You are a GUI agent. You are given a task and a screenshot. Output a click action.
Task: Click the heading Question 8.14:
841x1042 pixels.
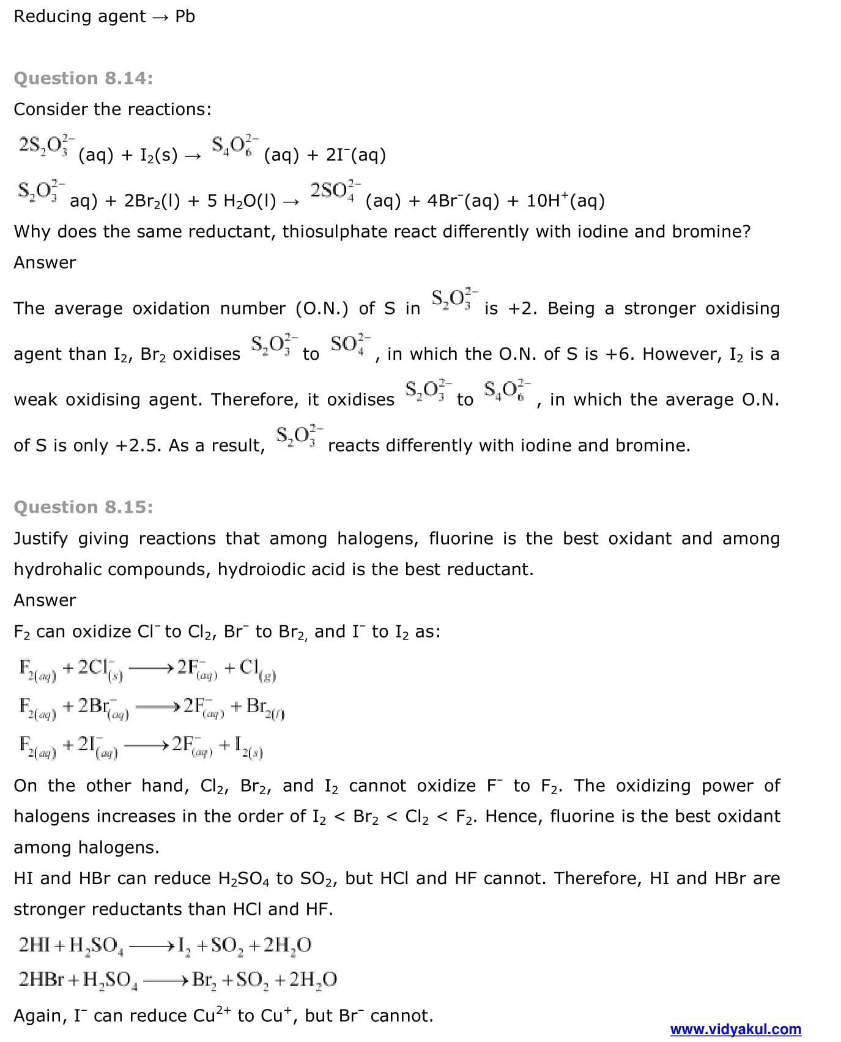coord(83,78)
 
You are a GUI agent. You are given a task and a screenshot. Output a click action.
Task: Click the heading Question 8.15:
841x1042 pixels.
coord(83,507)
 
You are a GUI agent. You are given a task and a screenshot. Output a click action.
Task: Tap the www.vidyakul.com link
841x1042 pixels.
coord(735,1029)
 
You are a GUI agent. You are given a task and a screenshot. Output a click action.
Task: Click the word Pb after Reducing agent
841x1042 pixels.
coord(185,17)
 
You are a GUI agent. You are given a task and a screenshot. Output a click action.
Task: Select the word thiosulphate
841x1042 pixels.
coord(335,232)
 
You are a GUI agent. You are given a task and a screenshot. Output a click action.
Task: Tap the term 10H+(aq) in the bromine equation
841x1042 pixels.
coord(565,201)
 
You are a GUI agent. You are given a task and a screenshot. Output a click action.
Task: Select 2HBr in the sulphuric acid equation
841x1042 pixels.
coord(41,980)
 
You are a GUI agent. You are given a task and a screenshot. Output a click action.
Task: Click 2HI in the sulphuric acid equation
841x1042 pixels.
coord(34,945)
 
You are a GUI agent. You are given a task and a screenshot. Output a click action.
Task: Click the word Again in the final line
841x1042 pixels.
coord(38,1016)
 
